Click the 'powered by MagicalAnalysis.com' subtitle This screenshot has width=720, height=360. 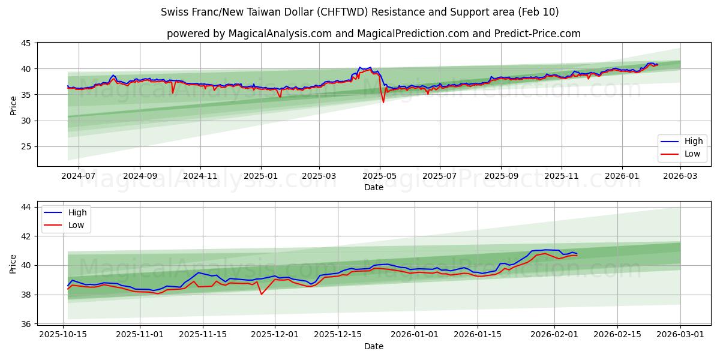(373, 34)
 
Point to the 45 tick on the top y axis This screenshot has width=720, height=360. (26, 43)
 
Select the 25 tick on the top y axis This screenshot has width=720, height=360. (26, 146)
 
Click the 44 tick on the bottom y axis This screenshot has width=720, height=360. (26, 207)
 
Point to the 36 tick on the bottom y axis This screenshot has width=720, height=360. (26, 324)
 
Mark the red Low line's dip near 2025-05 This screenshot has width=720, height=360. (383, 102)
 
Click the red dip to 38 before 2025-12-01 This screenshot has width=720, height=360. (262, 294)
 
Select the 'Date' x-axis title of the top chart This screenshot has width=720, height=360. (373, 187)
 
